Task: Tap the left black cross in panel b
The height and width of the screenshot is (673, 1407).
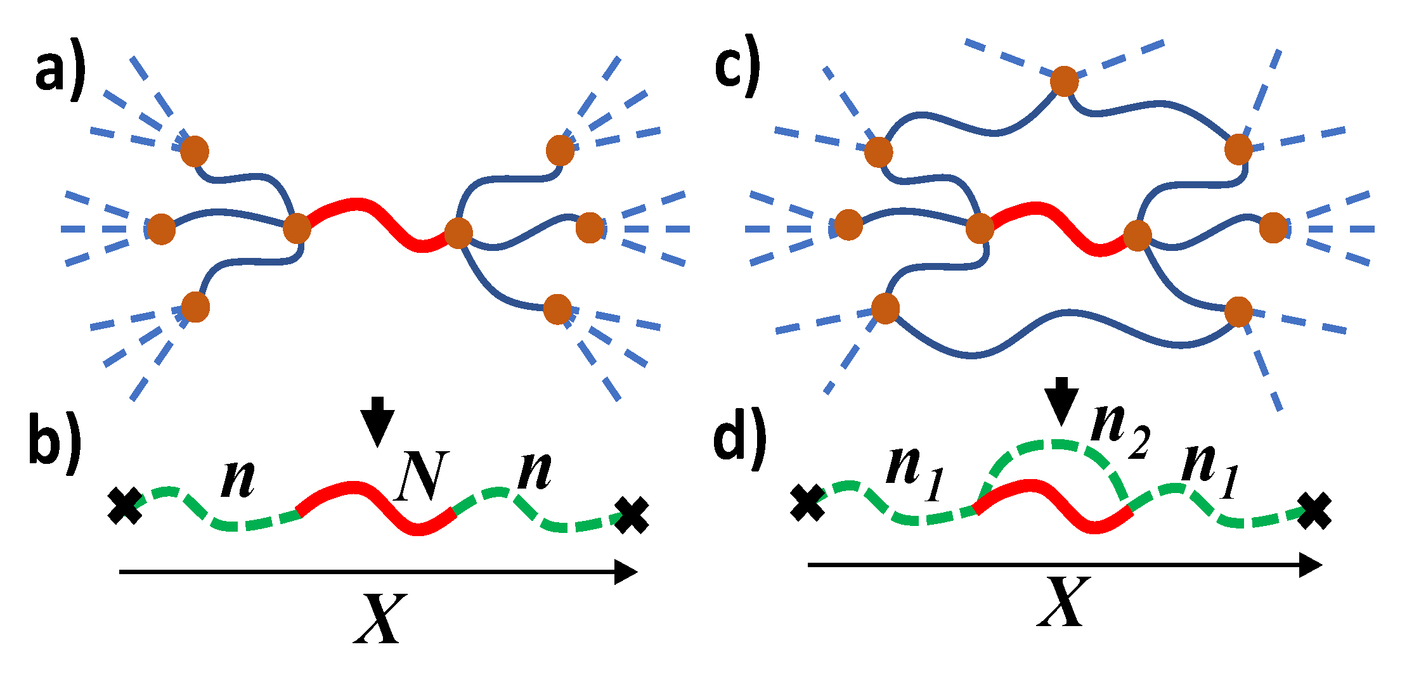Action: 124,506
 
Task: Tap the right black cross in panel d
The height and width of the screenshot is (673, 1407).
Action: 1314,512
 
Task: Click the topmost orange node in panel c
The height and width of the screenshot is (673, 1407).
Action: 1064,81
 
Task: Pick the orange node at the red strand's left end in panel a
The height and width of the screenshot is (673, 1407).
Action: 297,228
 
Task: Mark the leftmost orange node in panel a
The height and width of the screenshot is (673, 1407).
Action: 161,228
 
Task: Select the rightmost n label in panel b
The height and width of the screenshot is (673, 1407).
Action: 534,472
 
